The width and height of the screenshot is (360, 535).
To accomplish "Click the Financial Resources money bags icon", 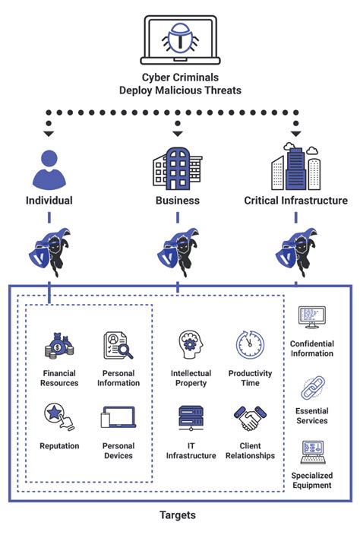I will click(59, 346).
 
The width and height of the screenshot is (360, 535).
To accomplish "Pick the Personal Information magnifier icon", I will click(118, 346).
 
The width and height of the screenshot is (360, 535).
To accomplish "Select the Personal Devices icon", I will click(118, 418).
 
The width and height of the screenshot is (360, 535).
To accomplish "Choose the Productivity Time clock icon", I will click(250, 344).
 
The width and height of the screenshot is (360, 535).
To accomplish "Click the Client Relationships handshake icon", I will click(249, 419).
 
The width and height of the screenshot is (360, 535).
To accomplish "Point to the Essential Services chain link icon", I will click(312, 390).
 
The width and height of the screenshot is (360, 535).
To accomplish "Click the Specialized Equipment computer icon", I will click(311, 452).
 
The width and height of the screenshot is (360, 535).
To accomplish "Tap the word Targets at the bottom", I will click(178, 515).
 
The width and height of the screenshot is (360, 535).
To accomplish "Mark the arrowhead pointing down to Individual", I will click(49, 134).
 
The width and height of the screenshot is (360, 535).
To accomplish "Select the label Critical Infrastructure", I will click(296, 201).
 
